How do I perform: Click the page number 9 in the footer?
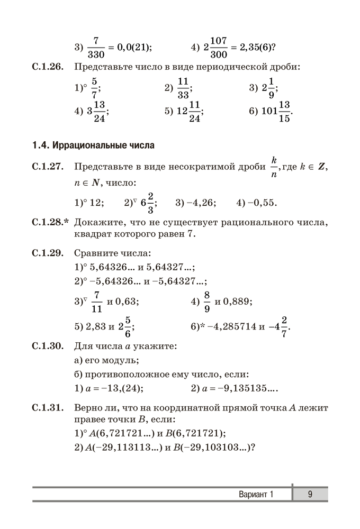(310, 494)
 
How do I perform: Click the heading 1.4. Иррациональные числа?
(93, 144)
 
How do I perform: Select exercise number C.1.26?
(48, 67)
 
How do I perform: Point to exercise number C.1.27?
(48, 167)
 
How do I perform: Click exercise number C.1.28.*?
(51, 222)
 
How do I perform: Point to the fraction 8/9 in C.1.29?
(207, 302)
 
